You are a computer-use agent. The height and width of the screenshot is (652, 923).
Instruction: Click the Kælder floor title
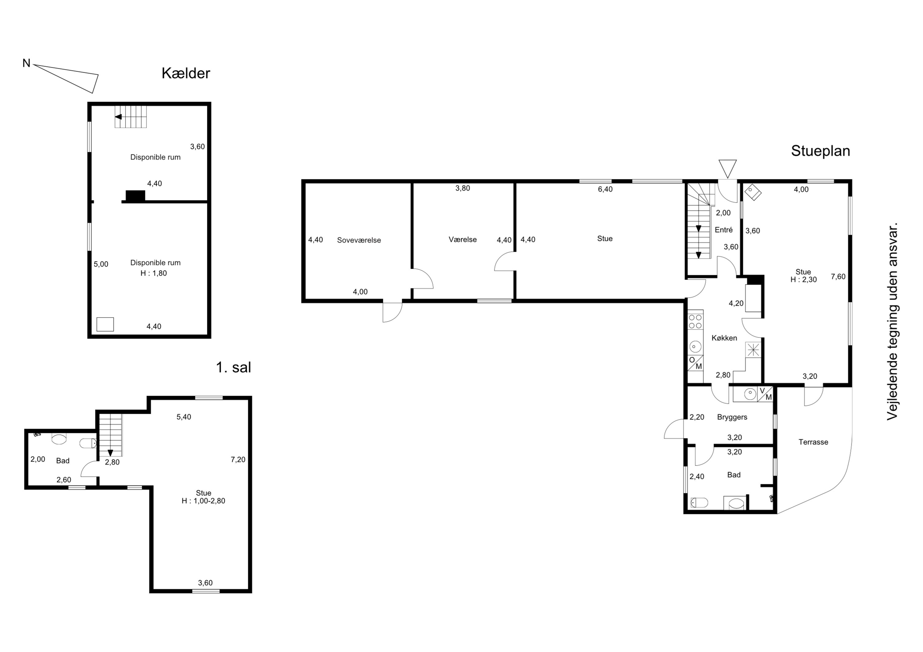point(186,73)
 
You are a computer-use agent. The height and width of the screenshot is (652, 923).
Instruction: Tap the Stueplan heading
point(821,151)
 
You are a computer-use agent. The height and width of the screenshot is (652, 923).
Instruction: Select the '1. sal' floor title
point(234,367)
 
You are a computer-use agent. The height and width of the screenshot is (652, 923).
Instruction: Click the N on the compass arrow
point(26,63)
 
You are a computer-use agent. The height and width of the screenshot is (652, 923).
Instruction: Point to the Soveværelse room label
point(359,240)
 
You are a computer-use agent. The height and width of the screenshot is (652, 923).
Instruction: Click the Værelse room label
point(463,239)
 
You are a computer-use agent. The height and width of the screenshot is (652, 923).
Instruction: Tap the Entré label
point(724,230)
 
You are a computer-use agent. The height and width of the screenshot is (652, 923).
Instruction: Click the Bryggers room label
point(732,417)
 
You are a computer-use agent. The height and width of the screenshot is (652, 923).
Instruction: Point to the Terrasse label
point(813,442)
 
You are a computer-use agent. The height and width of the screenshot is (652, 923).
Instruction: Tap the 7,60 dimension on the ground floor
point(838,276)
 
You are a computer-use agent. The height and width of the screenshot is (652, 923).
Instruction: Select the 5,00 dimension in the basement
point(101,264)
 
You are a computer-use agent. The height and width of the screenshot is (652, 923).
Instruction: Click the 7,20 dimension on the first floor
point(238,460)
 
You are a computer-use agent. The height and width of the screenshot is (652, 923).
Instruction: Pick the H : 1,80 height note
point(154,273)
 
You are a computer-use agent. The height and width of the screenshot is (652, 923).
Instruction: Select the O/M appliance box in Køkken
point(695,363)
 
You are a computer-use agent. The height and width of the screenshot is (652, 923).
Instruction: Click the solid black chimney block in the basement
point(135,196)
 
